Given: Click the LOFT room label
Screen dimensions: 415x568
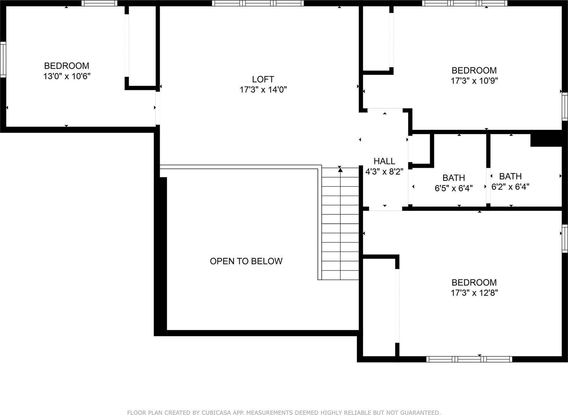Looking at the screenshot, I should (x=263, y=79).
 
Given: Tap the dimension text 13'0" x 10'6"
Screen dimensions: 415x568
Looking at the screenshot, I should (x=66, y=76).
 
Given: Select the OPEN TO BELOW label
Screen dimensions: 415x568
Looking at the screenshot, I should (x=246, y=261).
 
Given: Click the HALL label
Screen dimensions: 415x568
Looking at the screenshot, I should (x=384, y=161).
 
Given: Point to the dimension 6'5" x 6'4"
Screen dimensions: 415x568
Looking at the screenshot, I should (x=453, y=188).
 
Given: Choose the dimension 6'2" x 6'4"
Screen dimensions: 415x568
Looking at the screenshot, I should (x=510, y=187).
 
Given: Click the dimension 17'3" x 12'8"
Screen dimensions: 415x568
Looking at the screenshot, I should (x=474, y=293).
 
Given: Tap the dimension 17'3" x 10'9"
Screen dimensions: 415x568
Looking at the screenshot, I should (x=474, y=81).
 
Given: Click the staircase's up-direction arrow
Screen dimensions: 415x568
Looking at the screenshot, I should (x=340, y=170).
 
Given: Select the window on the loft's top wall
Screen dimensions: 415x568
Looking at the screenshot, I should (x=258, y=3).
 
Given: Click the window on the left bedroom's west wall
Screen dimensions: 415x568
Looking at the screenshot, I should (x=3, y=59).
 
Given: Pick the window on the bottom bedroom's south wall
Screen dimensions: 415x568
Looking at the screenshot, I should (x=469, y=359).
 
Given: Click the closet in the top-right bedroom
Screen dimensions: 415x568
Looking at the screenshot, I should (x=376, y=39).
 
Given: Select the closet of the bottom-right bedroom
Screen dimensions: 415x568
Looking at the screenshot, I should (x=379, y=307).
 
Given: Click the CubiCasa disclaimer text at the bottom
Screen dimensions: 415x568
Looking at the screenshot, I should (x=284, y=412).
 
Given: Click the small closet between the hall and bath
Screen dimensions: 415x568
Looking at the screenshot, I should (x=421, y=149).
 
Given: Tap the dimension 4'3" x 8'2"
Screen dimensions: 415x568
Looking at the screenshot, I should (x=384, y=172).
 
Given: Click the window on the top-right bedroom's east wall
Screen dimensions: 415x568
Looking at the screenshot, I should (x=565, y=106).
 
